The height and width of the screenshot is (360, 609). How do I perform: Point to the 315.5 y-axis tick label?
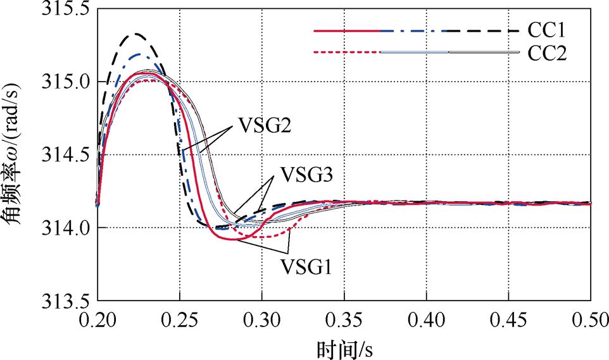65,10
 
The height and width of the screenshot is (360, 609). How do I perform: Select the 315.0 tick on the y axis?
65,82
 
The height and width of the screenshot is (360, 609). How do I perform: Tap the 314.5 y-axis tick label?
65,155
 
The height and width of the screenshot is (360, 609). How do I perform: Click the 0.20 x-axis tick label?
97,317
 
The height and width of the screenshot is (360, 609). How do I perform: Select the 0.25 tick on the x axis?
180,317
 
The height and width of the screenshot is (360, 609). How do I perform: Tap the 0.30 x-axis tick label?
262,317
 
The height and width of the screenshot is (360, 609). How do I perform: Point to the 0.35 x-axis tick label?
344,317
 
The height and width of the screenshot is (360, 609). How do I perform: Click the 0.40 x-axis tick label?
427,317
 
